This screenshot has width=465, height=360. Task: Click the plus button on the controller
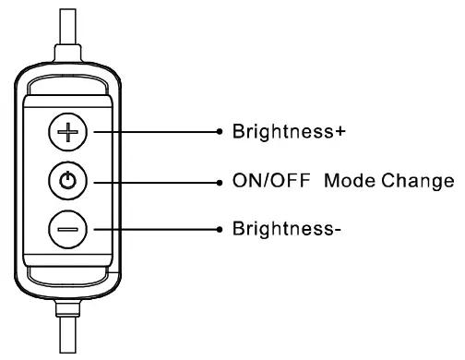pos(66,133)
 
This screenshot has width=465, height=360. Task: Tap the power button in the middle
pos(66,181)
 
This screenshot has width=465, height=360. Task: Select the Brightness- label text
pos(283,228)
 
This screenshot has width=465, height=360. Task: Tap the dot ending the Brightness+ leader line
pos(220,132)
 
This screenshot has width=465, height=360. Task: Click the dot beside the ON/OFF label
pos(220,181)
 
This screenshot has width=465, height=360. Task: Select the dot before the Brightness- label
pos(220,228)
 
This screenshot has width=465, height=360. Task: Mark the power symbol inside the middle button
pos(66,181)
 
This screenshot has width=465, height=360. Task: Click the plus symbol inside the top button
pos(66,133)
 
